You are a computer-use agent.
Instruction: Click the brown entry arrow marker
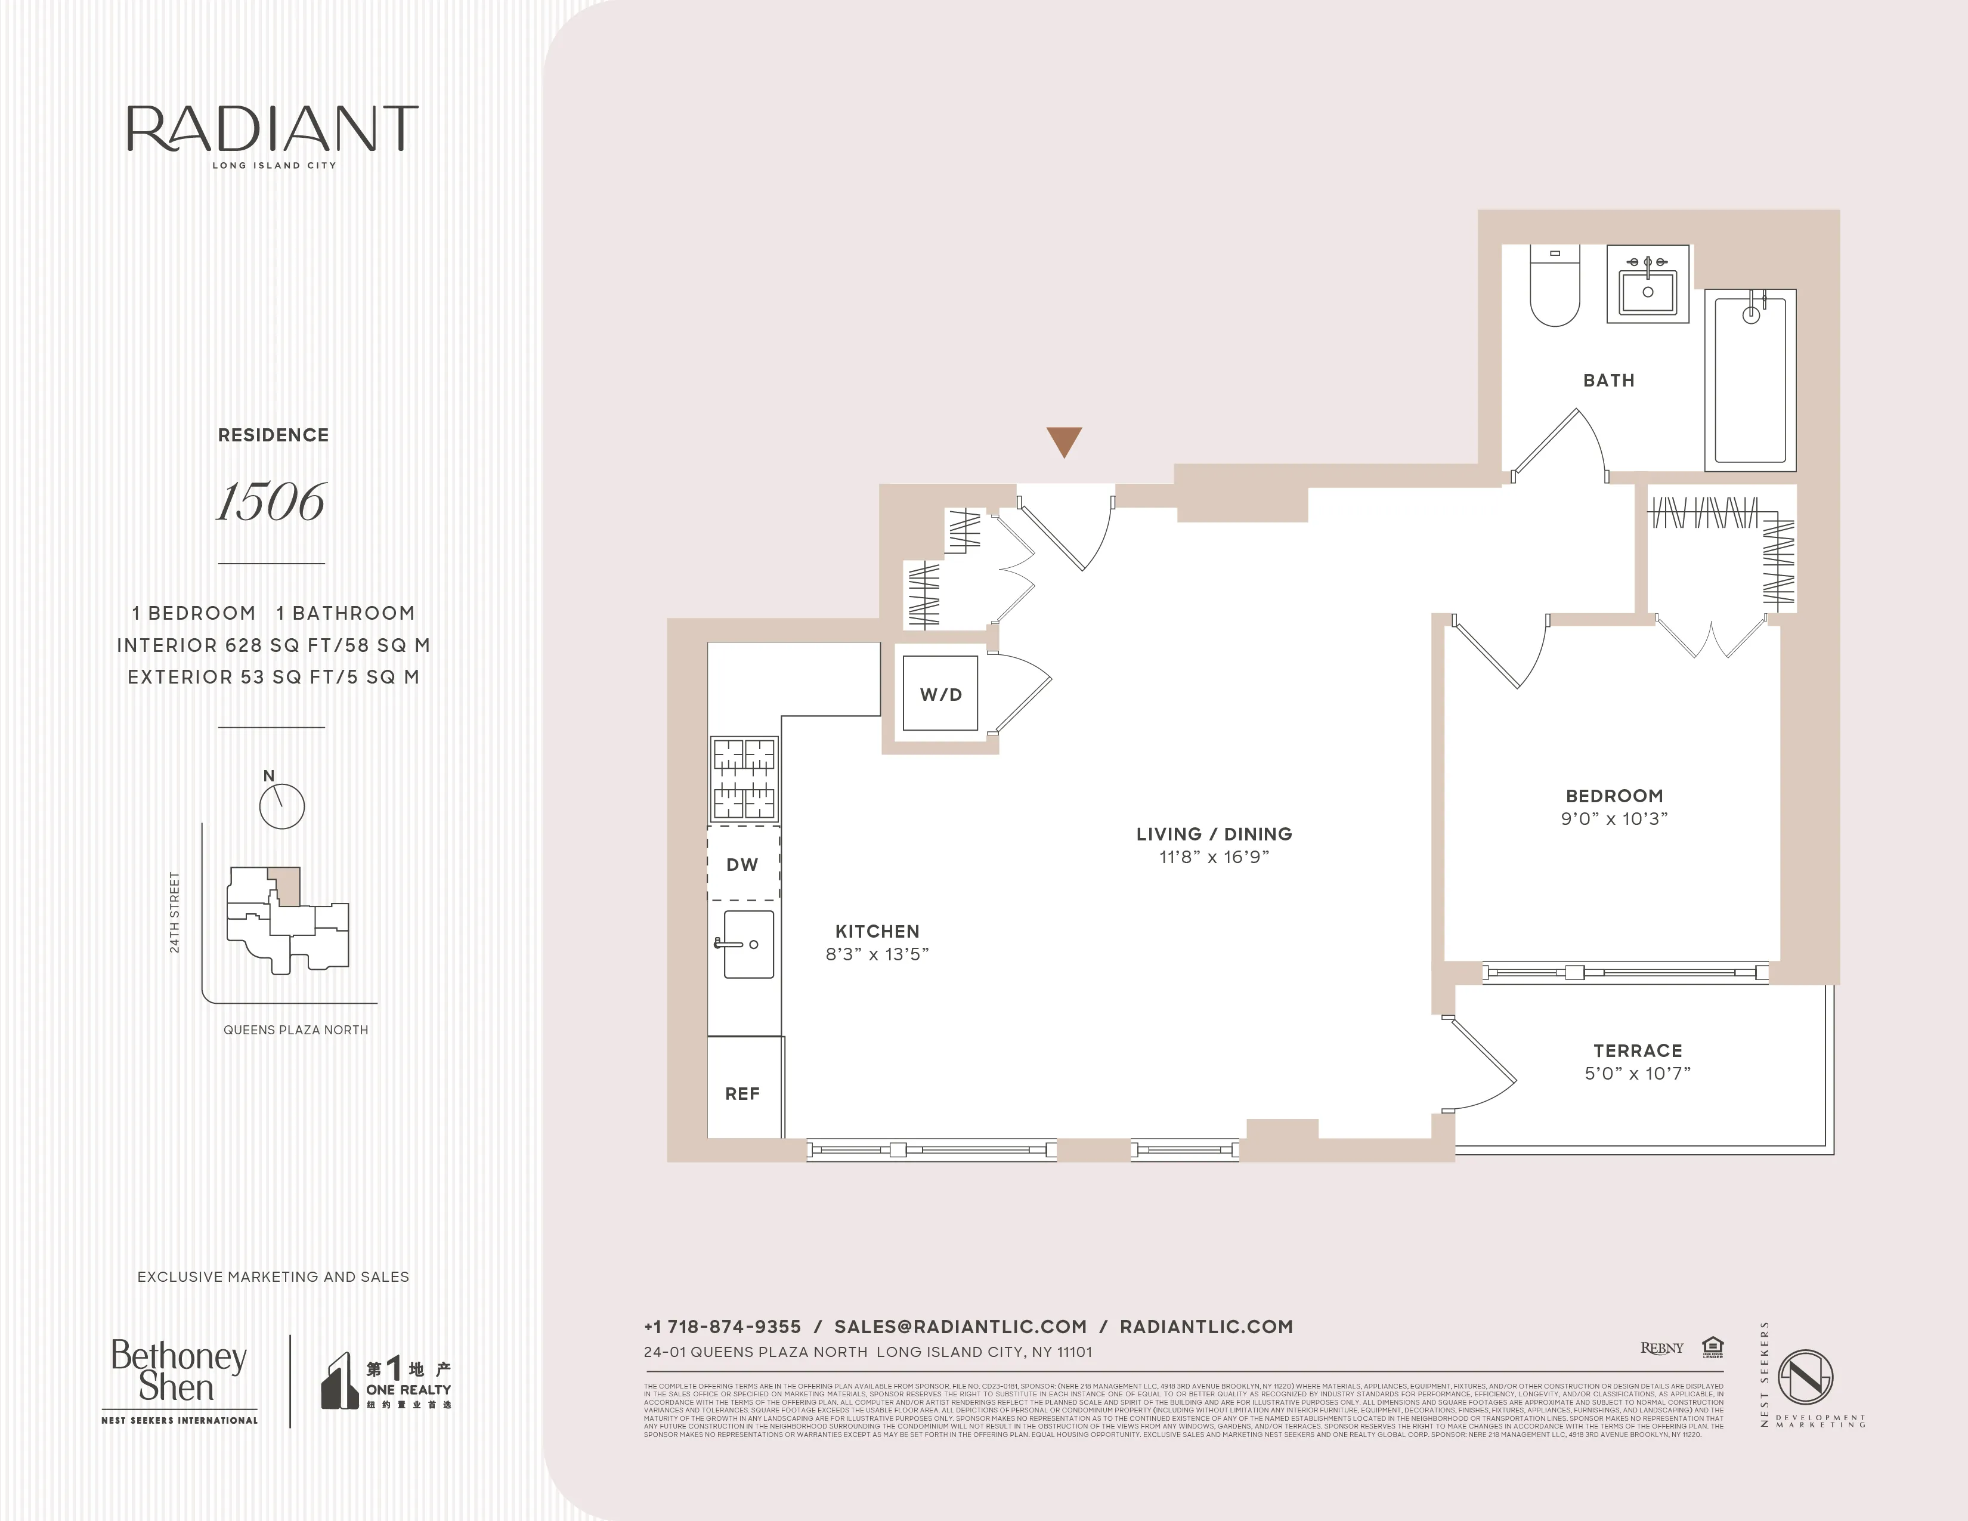tap(1063, 441)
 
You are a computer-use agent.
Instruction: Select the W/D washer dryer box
tap(940, 694)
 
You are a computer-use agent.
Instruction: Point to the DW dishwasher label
tap(742, 864)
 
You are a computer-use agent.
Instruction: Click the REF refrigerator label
tap(742, 1093)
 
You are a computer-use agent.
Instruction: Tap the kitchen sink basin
tap(748, 944)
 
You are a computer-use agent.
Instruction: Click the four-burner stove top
tap(744, 778)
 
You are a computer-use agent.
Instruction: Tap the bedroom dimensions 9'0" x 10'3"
tap(1614, 818)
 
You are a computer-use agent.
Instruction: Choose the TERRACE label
tap(1637, 1050)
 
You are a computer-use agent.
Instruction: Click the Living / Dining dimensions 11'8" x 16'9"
tap(1214, 857)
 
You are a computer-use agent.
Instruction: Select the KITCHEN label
tap(877, 931)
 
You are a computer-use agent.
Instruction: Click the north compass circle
tap(282, 806)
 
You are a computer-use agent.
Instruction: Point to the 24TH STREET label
tap(175, 912)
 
